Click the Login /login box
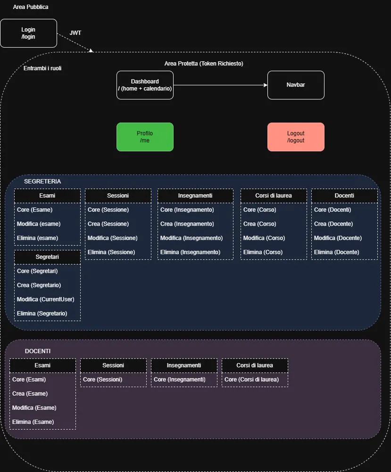(x=29, y=33)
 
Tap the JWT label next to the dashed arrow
(x=75, y=33)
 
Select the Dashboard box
(x=145, y=85)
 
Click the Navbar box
(x=296, y=85)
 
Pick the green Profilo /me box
(x=145, y=137)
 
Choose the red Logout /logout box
(x=296, y=137)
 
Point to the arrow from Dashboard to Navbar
(x=220, y=85)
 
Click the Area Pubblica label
(x=31, y=7)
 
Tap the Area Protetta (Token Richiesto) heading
(x=204, y=64)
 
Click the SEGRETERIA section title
(x=42, y=181)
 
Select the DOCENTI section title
(x=38, y=351)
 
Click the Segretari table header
(x=47, y=257)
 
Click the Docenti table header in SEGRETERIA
(x=344, y=195)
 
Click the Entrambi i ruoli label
(x=42, y=68)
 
